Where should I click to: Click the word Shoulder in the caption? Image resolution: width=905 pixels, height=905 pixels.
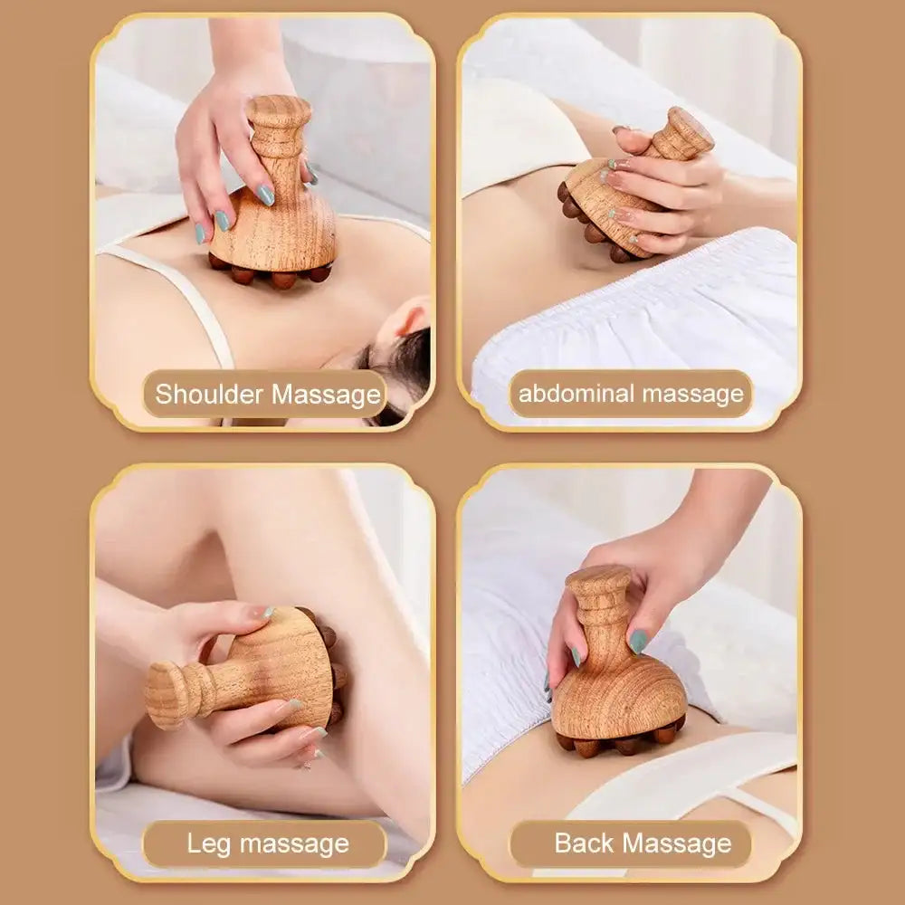tap(210, 395)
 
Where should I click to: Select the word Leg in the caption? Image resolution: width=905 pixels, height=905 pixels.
tap(208, 844)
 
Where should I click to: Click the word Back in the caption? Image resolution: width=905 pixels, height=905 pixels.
tap(584, 844)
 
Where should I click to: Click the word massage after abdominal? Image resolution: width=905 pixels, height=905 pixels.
tap(692, 394)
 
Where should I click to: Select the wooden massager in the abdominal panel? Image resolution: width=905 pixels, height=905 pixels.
tap(624, 195)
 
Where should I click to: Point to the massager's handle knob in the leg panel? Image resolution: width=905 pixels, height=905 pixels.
tap(166, 694)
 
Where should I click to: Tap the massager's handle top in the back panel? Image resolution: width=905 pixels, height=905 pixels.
tap(597, 579)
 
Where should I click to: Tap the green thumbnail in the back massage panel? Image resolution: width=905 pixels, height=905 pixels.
tap(639, 641)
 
